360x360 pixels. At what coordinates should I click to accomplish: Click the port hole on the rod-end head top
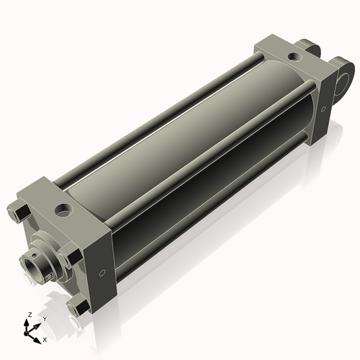tap(64, 210)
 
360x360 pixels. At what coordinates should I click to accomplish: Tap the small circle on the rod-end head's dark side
tap(102, 273)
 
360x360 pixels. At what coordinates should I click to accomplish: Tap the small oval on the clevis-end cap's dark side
tap(323, 109)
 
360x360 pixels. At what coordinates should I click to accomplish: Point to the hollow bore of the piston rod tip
tap(33, 267)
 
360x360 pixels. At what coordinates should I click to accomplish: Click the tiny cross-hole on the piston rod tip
tap(36, 253)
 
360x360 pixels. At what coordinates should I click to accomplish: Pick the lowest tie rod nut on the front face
tap(78, 307)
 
